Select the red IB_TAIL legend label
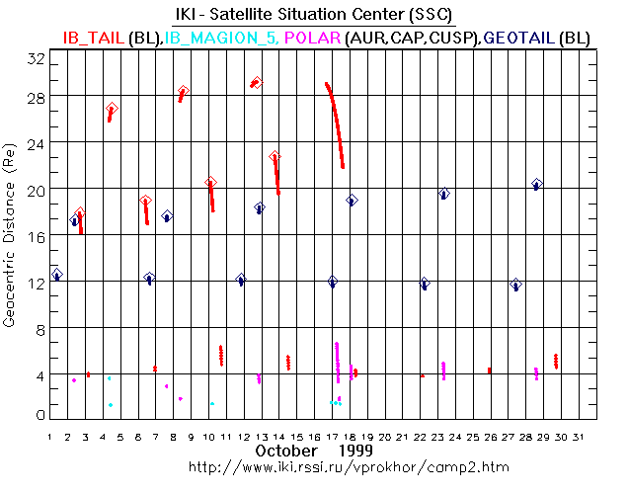(95, 38)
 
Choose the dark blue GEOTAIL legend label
(514, 38)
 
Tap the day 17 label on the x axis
(333, 435)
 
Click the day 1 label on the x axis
(50, 435)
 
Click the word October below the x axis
(286, 451)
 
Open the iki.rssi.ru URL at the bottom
(313, 465)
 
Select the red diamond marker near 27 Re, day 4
(112, 109)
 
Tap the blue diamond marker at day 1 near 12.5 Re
(57, 274)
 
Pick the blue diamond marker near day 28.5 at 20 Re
(537, 184)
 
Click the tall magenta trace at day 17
(337, 361)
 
